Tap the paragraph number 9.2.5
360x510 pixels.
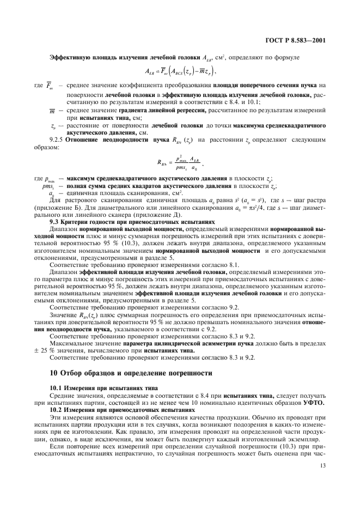click(58, 139)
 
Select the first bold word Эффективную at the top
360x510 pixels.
click(66, 58)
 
